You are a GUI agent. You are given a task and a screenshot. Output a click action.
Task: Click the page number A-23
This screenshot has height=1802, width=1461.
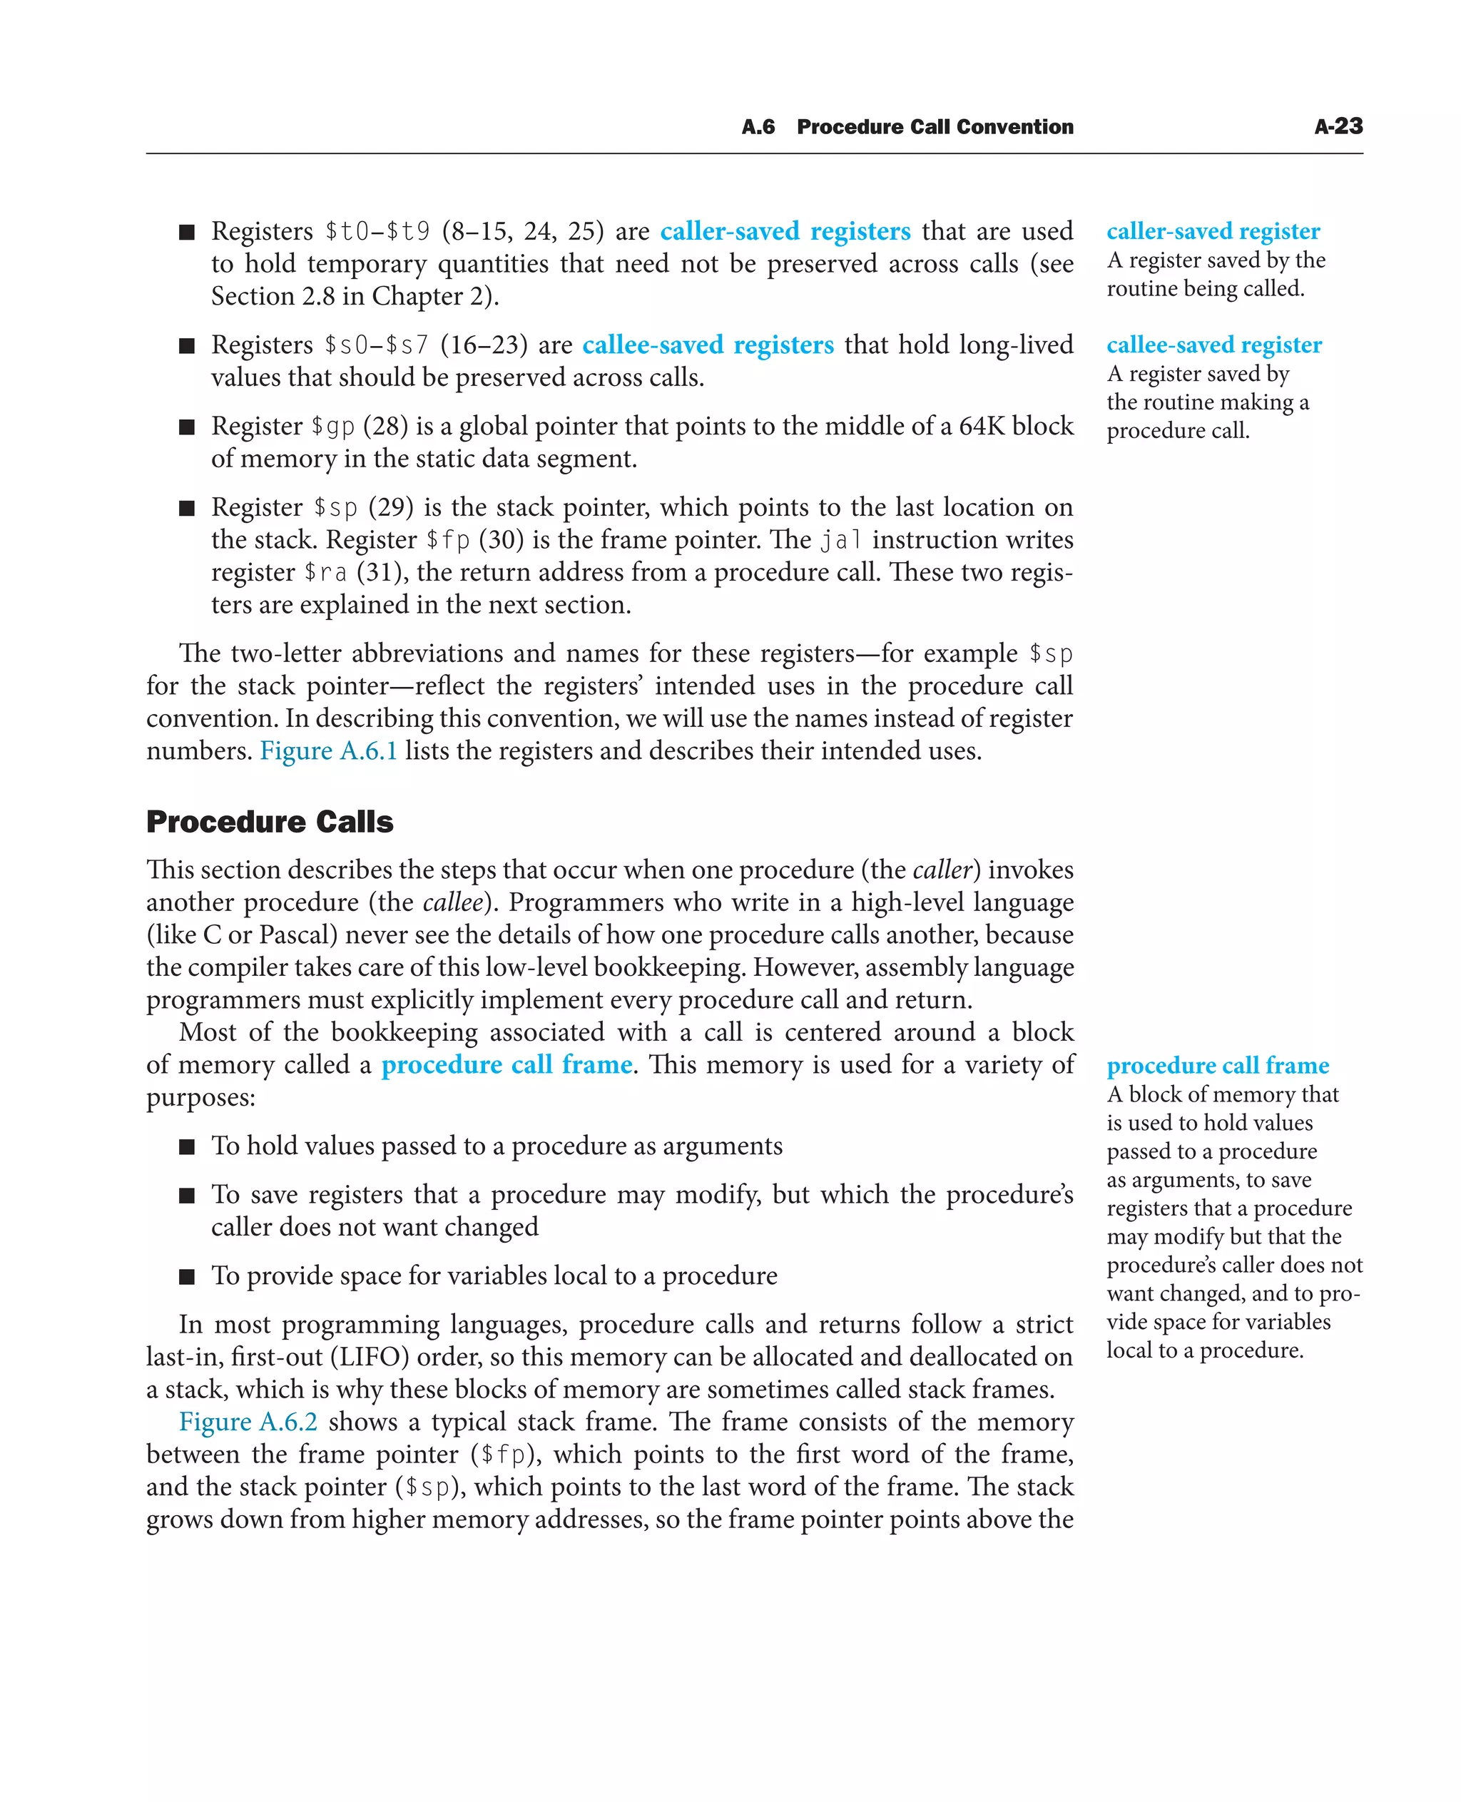pyautogui.click(x=1338, y=126)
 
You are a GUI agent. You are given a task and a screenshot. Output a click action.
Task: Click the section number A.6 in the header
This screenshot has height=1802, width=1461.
pyautogui.click(x=758, y=127)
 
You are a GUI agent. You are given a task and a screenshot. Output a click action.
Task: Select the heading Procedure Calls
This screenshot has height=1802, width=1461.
pyautogui.click(x=270, y=822)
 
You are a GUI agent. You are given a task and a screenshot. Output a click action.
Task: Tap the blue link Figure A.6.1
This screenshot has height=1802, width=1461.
pyautogui.click(x=328, y=750)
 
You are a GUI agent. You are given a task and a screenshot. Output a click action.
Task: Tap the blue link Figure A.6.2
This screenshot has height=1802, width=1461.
pyautogui.click(x=248, y=1422)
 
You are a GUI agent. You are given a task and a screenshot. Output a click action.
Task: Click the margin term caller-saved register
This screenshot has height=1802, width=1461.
pyautogui.click(x=1213, y=230)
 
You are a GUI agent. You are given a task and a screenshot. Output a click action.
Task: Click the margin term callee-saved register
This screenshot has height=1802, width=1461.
pyautogui.click(x=1213, y=345)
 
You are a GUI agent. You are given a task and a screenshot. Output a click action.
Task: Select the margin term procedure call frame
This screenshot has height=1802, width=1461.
pyautogui.click(x=1217, y=1066)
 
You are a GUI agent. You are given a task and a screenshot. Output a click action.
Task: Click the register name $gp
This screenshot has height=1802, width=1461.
pyautogui.click(x=332, y=427)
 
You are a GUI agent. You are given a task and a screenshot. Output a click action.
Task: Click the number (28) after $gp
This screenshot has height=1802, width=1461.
pyautogui.click(x=385, y=426)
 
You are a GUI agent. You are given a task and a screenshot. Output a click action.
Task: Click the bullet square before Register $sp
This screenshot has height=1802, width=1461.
pyautogui.click(x=187, y=507)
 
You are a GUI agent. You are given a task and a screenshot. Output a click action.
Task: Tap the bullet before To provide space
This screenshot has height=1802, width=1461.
pyautogui.click(x=187, y=1276)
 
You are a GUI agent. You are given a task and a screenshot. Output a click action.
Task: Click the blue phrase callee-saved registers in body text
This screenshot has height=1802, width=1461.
pyautogui.click(x=707, y=345)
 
